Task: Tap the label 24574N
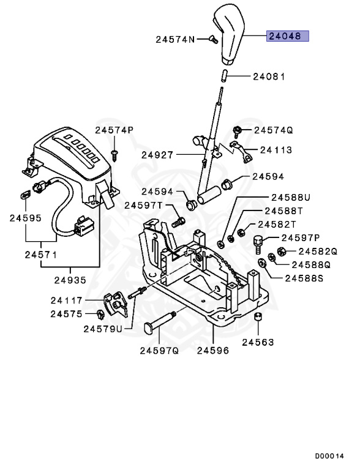[x=174, y=39]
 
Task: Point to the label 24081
[x=269, y=77]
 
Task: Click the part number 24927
[x=157, y=155]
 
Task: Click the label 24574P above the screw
[x=114, y=130]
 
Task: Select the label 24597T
[x=143, y=206]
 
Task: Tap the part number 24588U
[x=291, y=197]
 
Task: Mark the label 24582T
[x=277, y=224]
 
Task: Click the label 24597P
[x=300, y=237]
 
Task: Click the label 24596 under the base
[x=212, y=351]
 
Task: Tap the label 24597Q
[x=159, y=351]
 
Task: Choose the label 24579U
[x=103, y=329]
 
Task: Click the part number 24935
[x=70, y=280]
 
